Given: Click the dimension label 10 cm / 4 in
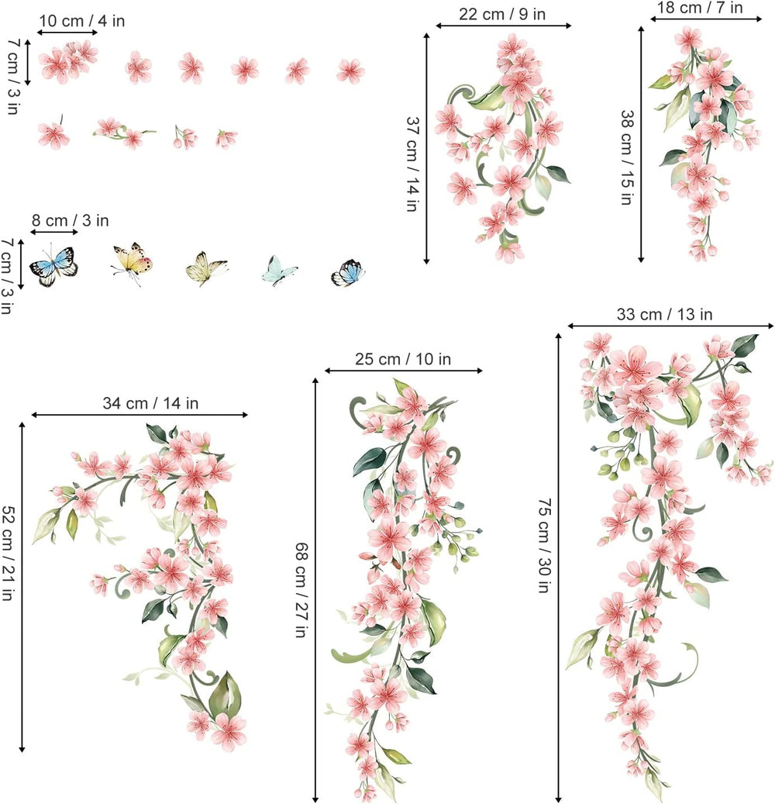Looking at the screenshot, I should click(x=81, y=21).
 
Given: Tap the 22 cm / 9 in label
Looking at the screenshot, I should click(x=502, y=13).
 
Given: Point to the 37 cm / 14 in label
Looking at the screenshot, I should click(x=412, y=164).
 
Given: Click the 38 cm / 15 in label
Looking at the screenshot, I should click(x=625, y=156).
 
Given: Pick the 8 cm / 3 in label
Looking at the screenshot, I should click(x=70, y=220).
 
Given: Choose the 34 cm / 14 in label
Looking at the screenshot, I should click(x=150, y=403).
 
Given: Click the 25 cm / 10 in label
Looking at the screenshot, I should click(x=403, y=359).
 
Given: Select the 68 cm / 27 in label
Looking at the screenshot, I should click(x=300, y=589).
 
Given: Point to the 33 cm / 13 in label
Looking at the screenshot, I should click(x=664, y=314).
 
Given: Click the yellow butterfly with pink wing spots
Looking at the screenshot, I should click(x=133, y=261).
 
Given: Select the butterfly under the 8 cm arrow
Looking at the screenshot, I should click(x=54, y=265).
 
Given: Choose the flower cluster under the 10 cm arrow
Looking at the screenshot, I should click(x=68, y=61).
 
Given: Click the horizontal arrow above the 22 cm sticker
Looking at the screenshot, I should click(x=503, y=26).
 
